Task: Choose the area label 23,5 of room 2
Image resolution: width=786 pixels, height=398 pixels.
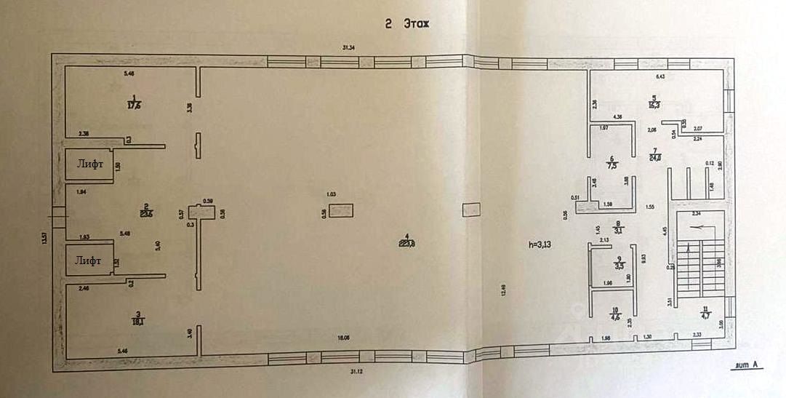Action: point(146,213)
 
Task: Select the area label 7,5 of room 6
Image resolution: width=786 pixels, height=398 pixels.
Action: point(611,165)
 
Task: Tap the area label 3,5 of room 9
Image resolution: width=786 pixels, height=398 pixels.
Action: point(619,266)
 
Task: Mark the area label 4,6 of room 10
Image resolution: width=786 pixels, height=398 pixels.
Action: point(615,317)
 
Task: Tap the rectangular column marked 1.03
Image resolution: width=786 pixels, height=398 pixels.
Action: point(340,211)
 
